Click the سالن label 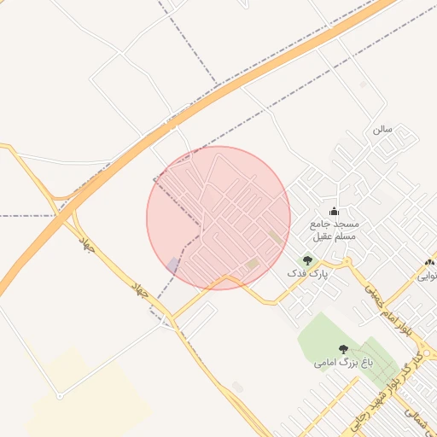pos(382,129)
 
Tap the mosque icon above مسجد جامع pos(334,212)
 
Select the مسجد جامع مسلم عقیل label pos(334,229)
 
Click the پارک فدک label pos(306,273)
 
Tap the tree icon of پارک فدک pos(307,260)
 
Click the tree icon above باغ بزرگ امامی pos(343,349)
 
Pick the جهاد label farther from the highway pos(142,289)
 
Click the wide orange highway pos(213,95)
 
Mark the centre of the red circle pos(218,218)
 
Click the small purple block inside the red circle pos(173,265)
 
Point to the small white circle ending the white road pos(59,396)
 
